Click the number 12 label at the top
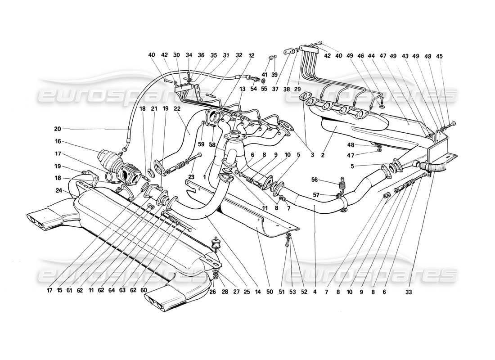click(251, 55)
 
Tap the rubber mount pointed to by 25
click(216, 245)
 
